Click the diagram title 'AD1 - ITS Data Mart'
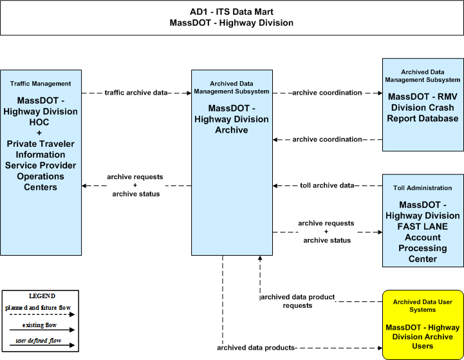(232, 12)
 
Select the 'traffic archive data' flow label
(136, 93)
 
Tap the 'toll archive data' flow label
(327, 185)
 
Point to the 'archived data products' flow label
(255, 348)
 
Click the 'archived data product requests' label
(297, 301)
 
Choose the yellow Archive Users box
(423, 325)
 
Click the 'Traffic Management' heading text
(41, 84)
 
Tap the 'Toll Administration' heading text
(423, 188)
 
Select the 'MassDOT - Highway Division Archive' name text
(232, 119)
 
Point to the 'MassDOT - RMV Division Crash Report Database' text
(423, 108)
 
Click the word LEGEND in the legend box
(42, 296)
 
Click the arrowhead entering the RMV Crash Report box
(380, 93)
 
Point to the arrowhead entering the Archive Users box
(380, 348)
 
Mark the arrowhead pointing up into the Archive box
(260, 258)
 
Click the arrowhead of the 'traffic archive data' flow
(189, 93)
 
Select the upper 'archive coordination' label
(327, 93)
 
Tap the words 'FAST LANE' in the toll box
(423, 227)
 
